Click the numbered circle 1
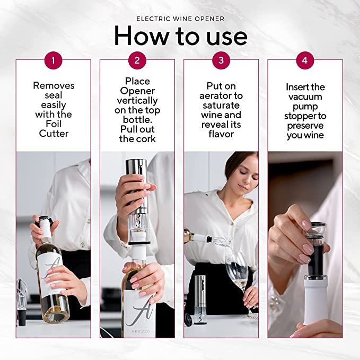coord(53,60)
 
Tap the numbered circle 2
coord(137,60)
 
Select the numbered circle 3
coord(221,60)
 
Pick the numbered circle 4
coord(305,60)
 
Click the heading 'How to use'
coord(180,36)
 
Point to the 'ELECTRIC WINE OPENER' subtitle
coord(180,19)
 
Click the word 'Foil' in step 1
coord(54,124)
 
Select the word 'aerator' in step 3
coord(221,96)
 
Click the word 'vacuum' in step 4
coord(305,97)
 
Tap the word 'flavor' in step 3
coord(221,134)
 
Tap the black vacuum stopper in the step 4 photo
coord(315,254)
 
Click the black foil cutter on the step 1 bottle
coord(45,218)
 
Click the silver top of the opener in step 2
coord(136,171)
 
